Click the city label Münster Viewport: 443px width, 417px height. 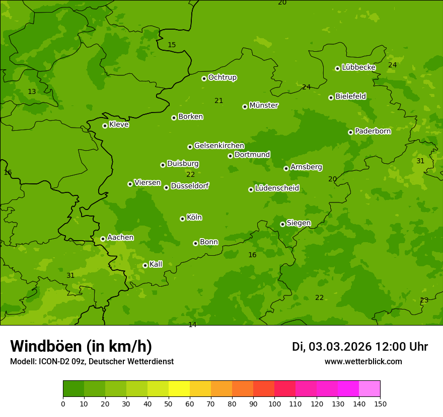point(264,106)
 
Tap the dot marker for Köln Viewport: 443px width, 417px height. point(182,219)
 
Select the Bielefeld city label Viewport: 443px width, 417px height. point(351,96)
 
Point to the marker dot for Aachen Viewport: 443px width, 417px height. point(103,239)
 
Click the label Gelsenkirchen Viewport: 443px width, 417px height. point(219,146)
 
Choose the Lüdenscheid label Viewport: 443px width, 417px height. point(277,188)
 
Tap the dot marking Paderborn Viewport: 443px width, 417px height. point(350,132)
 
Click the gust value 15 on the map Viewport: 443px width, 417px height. point(172,45)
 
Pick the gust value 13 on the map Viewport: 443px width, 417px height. point(32,92)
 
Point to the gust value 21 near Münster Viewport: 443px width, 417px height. point(219,101)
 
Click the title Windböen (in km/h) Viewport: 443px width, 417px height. point(81,347)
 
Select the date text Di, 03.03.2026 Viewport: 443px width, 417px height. point(332,347)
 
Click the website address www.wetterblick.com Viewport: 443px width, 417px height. point(363,362)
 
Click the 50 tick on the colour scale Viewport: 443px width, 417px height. point(169,403)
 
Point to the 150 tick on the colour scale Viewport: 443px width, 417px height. point(380,403)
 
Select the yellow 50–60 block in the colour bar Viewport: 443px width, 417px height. point(179,389)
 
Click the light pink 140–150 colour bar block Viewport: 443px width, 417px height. point(370,389)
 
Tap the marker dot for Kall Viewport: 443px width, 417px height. point(145,265)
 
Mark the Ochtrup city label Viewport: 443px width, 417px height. point(223,77)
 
